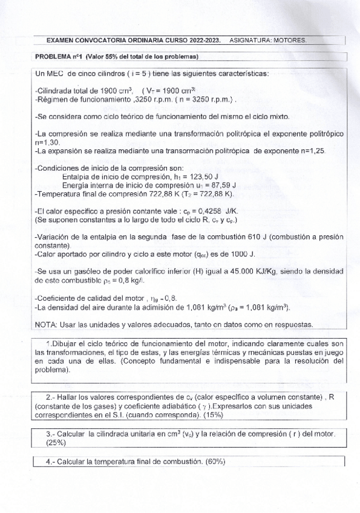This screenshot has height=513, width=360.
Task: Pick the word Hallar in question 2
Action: [71, 397]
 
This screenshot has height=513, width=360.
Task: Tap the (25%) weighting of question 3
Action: [56, 442]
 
